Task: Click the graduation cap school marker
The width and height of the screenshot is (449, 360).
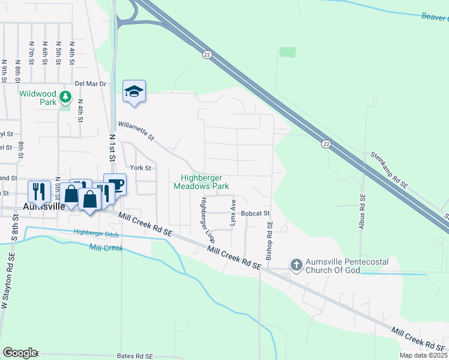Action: click(x=134, y=91)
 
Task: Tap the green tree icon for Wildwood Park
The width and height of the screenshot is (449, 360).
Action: click(x=67, y=95)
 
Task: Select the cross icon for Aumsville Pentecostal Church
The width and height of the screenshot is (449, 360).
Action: click(x=295, y=264)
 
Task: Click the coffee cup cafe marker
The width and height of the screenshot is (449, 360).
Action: click(x=115, y=184)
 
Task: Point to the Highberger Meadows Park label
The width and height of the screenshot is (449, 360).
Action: click(x=202, y=182)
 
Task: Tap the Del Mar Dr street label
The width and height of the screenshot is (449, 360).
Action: click(x=90, y=84)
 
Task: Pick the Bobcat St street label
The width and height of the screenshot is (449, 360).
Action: click(x=256, y=213)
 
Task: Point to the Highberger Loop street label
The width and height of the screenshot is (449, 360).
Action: click(x=207, y=220)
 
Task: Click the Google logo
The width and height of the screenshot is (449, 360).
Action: click(x=20, y=353)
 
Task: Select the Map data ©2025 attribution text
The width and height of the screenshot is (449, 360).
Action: click(x=423, y=355)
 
